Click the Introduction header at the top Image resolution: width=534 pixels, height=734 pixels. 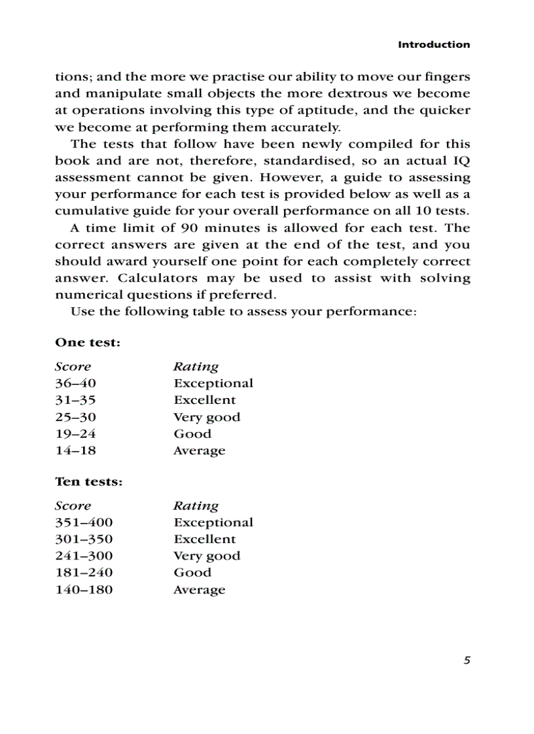434,44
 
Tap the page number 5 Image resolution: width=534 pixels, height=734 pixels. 466,660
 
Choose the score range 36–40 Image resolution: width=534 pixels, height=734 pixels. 75,384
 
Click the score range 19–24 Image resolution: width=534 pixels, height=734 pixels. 75,434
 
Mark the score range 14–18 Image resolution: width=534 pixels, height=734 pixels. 75,451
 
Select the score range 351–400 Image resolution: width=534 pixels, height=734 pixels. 84,523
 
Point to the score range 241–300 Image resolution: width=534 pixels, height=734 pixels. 84,556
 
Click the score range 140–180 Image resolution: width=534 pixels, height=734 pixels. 84,590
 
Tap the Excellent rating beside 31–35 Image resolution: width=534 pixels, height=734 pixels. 205,400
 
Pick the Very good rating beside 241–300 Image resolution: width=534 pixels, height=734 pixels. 207,556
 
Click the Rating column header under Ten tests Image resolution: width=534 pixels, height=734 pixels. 196,506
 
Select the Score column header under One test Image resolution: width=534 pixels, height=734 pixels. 73,367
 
